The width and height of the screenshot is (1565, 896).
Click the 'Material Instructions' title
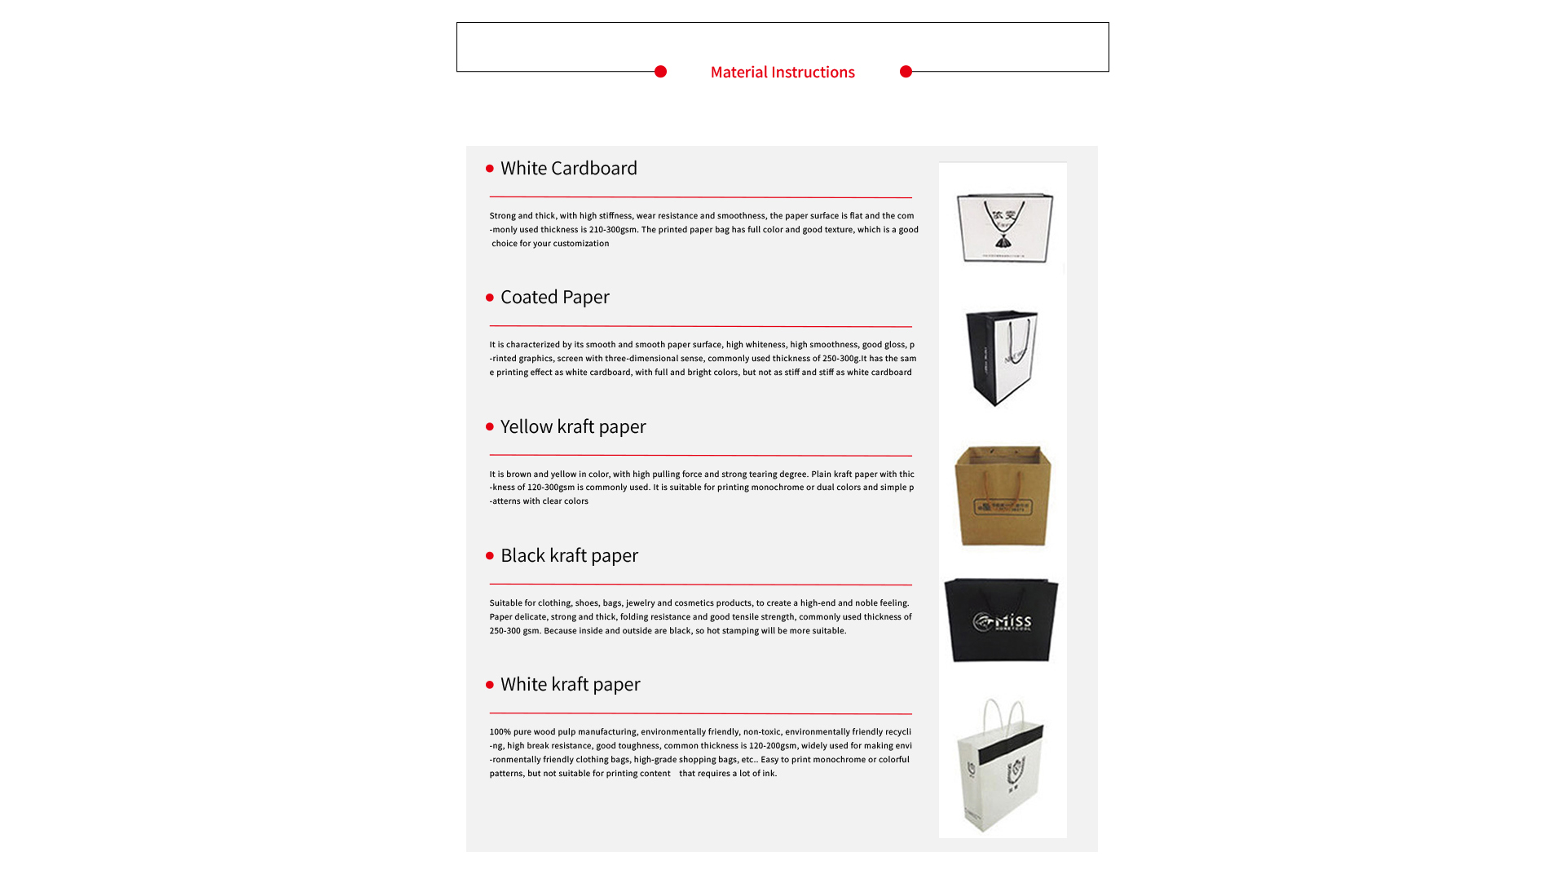click(x=782, y=73)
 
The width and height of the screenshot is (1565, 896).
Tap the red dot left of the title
click(x=661, y=72)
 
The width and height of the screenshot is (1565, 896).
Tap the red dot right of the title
click(x=906, y=72)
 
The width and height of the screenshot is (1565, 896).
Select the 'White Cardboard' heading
click(x=568, y=169)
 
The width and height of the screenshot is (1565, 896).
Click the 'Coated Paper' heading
click(x=554, y=298)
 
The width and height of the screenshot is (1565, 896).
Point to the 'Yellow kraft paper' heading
click(x=572, y=427)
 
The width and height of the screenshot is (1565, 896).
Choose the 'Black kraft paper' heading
click(x=569, y=556)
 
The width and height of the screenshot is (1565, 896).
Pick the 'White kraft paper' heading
click(x=570, y=685)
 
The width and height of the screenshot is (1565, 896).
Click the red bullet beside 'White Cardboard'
click(x=490, y=169)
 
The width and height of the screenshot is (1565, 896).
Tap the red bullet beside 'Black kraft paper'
click(x=490, y=556)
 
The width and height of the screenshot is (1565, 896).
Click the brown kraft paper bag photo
click(x=1003, y=495)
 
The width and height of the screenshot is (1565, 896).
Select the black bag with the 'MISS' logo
click(x=1001, y=620)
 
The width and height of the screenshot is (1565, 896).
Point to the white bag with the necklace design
click(x=1004, y=227)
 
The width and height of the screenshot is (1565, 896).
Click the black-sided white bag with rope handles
click(x=1001, y=357)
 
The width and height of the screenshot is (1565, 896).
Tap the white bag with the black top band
click(x=1000, y=766)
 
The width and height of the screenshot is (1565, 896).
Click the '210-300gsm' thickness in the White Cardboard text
click(x=613, y=230)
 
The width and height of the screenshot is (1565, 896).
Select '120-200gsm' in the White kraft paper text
click(x=773, y=746)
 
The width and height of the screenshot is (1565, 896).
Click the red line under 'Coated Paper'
click(x=700, y=326)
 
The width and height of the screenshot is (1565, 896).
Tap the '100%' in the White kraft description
click(x=500, y=732)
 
